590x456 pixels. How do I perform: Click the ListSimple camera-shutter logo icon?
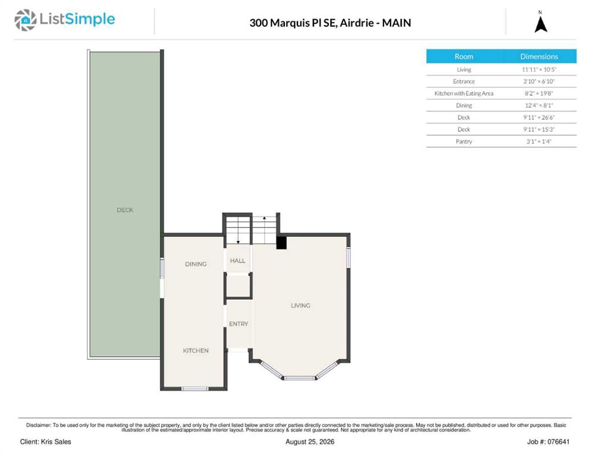pos(25,20)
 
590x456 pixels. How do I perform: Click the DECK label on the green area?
pos(125,210)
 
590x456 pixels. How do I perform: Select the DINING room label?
pos(196,264)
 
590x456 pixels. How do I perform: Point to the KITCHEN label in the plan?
pos(196,350)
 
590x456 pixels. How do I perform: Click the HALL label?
pos(238,261)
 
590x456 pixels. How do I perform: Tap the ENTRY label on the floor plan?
pos(239,324)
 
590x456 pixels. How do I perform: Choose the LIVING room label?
pos(301,305)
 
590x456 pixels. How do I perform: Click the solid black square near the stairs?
pos(281,242)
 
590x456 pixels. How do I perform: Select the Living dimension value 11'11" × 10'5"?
pos(539,69)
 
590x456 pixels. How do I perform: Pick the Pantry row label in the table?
pos(464,141)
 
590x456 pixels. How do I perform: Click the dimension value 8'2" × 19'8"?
pos(539,93)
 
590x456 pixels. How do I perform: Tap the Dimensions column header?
pos(539,56)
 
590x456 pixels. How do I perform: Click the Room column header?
pos(464,56)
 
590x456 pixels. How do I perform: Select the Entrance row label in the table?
pos(464,81)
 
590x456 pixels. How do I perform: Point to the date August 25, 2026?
pos(310,442)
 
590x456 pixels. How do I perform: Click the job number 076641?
pos(559,442)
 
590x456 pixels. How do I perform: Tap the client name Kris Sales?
pos(56,442)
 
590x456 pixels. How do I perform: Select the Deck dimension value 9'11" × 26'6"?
pos(539,118)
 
